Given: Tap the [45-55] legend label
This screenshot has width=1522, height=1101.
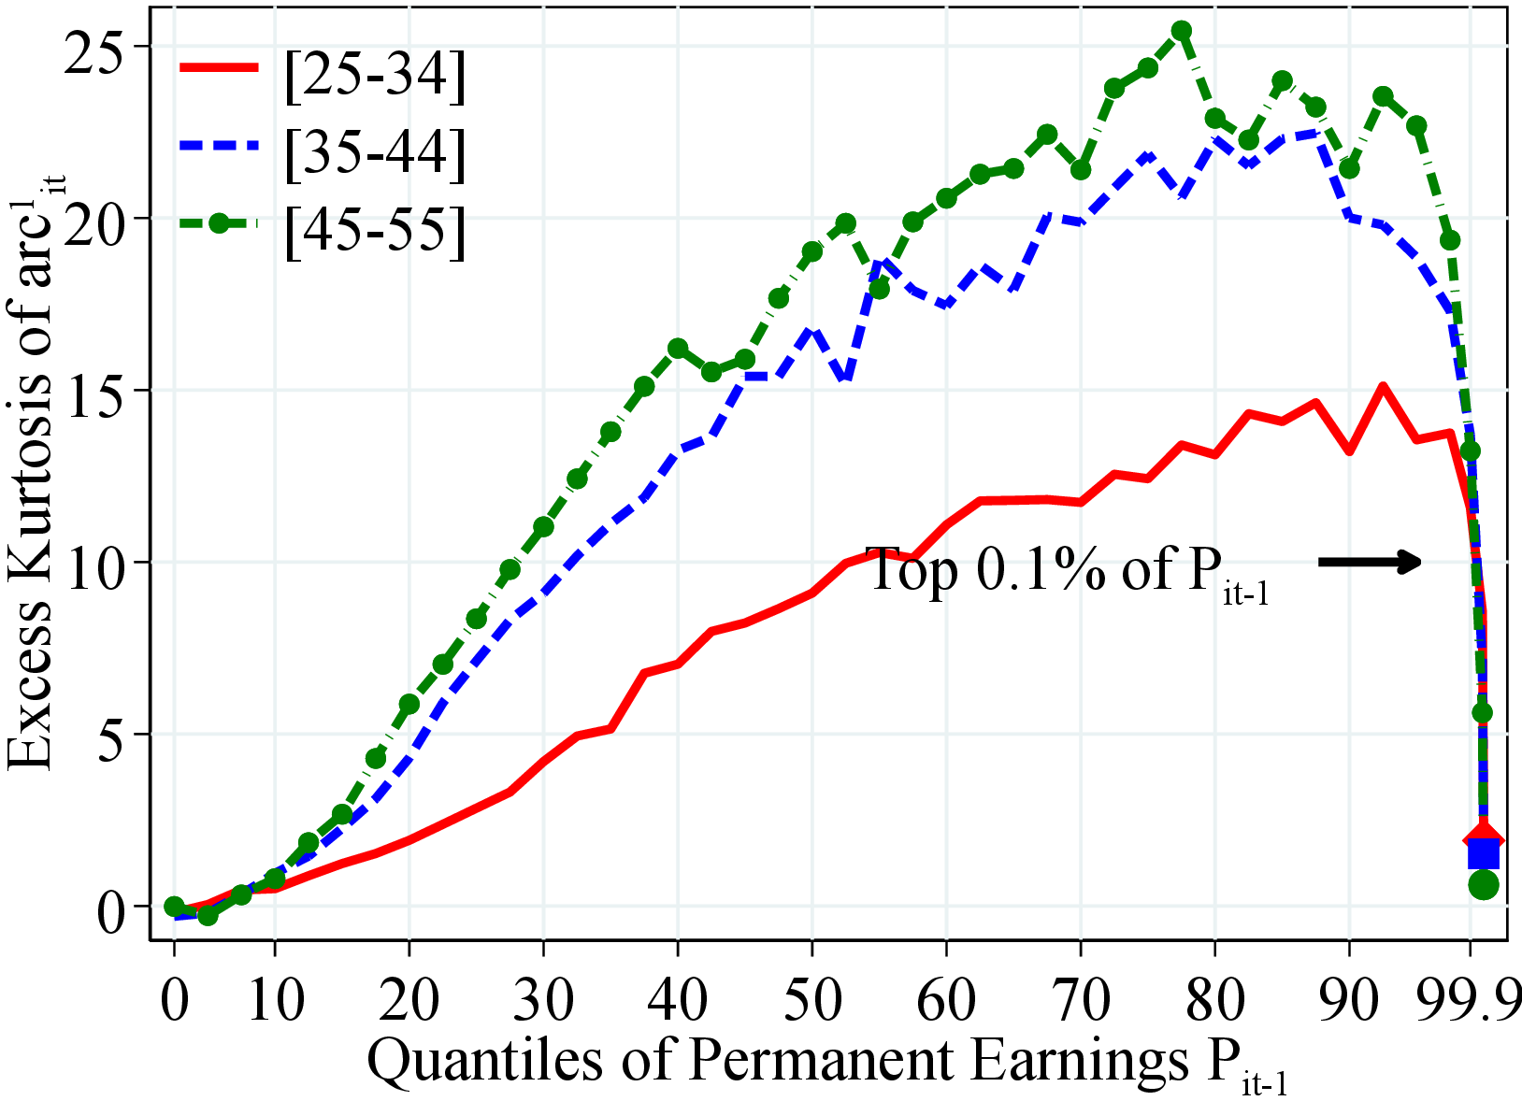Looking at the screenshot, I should click(x=374, y=229).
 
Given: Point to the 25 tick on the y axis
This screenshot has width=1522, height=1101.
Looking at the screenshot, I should click(x=97, y=47).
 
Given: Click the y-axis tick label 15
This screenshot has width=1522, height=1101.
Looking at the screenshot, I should click(x=97, y=391).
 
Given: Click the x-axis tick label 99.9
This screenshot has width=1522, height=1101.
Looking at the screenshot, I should click(x=1468, y=999).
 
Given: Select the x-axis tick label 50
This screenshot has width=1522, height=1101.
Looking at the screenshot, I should click(x=811, y=999).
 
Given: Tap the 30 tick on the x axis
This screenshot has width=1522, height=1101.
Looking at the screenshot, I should click(x=542, y=999).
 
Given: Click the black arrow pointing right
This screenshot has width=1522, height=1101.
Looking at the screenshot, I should click(x=1370, y=562).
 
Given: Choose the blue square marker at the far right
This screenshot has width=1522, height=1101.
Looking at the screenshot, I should click(x=1484, y=854).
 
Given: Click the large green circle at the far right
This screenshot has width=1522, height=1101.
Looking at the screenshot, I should click(x=1484, y=884).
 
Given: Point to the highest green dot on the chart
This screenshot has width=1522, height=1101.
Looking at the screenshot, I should click(x=1182, y=31).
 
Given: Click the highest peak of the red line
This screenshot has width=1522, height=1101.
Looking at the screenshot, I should click(x=1382, y=385).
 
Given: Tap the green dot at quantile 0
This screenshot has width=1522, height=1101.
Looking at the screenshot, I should click(x=174, y=906).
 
